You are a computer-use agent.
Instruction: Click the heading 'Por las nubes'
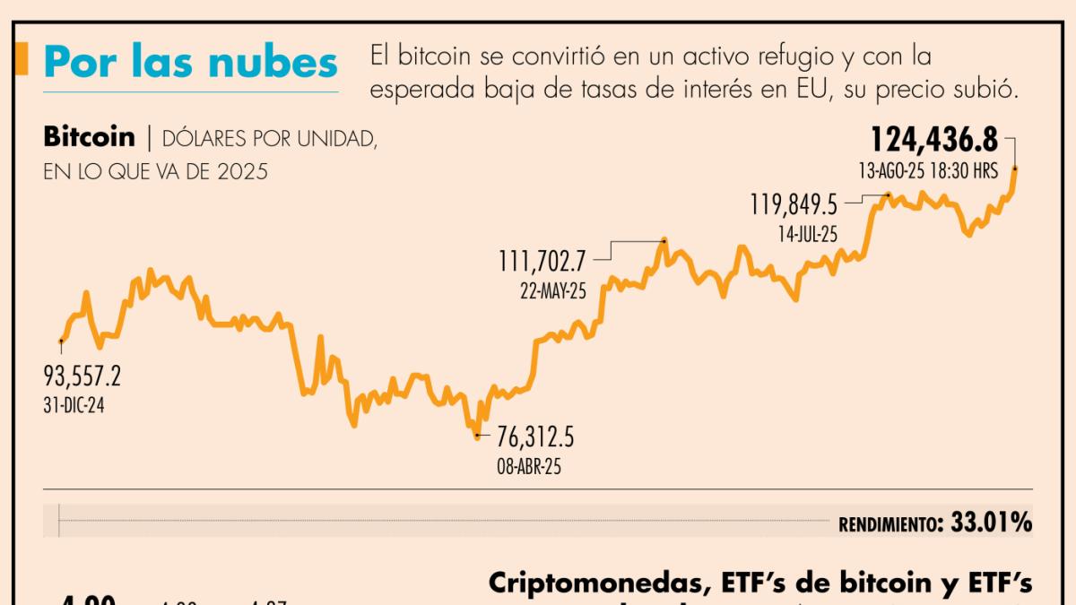click(x=190, y=63)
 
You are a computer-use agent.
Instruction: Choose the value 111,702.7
click(x=542, y=261)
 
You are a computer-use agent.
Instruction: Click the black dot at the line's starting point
click(x=61, y=341)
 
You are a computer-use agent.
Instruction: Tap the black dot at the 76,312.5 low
click(x=477, y=436)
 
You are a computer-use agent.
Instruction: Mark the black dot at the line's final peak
click(x=1015, y=168)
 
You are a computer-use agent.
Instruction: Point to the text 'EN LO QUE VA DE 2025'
click(x=155, y=171)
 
